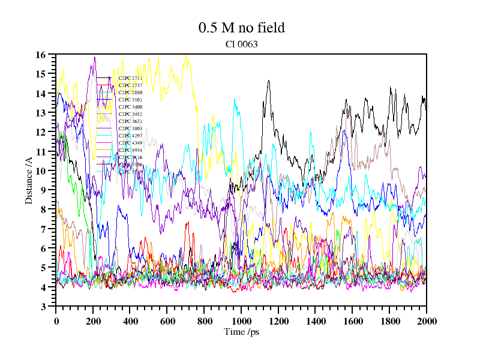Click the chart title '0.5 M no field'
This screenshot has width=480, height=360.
(x=241, y=28)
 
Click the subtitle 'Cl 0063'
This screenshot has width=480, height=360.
(x=241, y=44)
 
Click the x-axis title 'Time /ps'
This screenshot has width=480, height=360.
(x=241, y=332)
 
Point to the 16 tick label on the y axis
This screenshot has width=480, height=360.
(x=41, y=55)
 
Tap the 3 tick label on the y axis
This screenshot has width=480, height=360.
(x=43, y=307)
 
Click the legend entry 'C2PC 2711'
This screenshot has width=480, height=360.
(x=130, y=78)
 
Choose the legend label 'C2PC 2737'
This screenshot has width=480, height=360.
(x=130, y=85)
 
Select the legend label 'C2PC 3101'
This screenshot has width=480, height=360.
(x=130, y=100)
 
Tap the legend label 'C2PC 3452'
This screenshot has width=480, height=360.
(x=130, y=114)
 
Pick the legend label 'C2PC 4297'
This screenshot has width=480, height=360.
(x=130, y=136)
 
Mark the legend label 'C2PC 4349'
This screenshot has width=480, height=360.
(x=130, y=143)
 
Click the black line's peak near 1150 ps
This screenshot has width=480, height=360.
(x=268, y=80)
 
